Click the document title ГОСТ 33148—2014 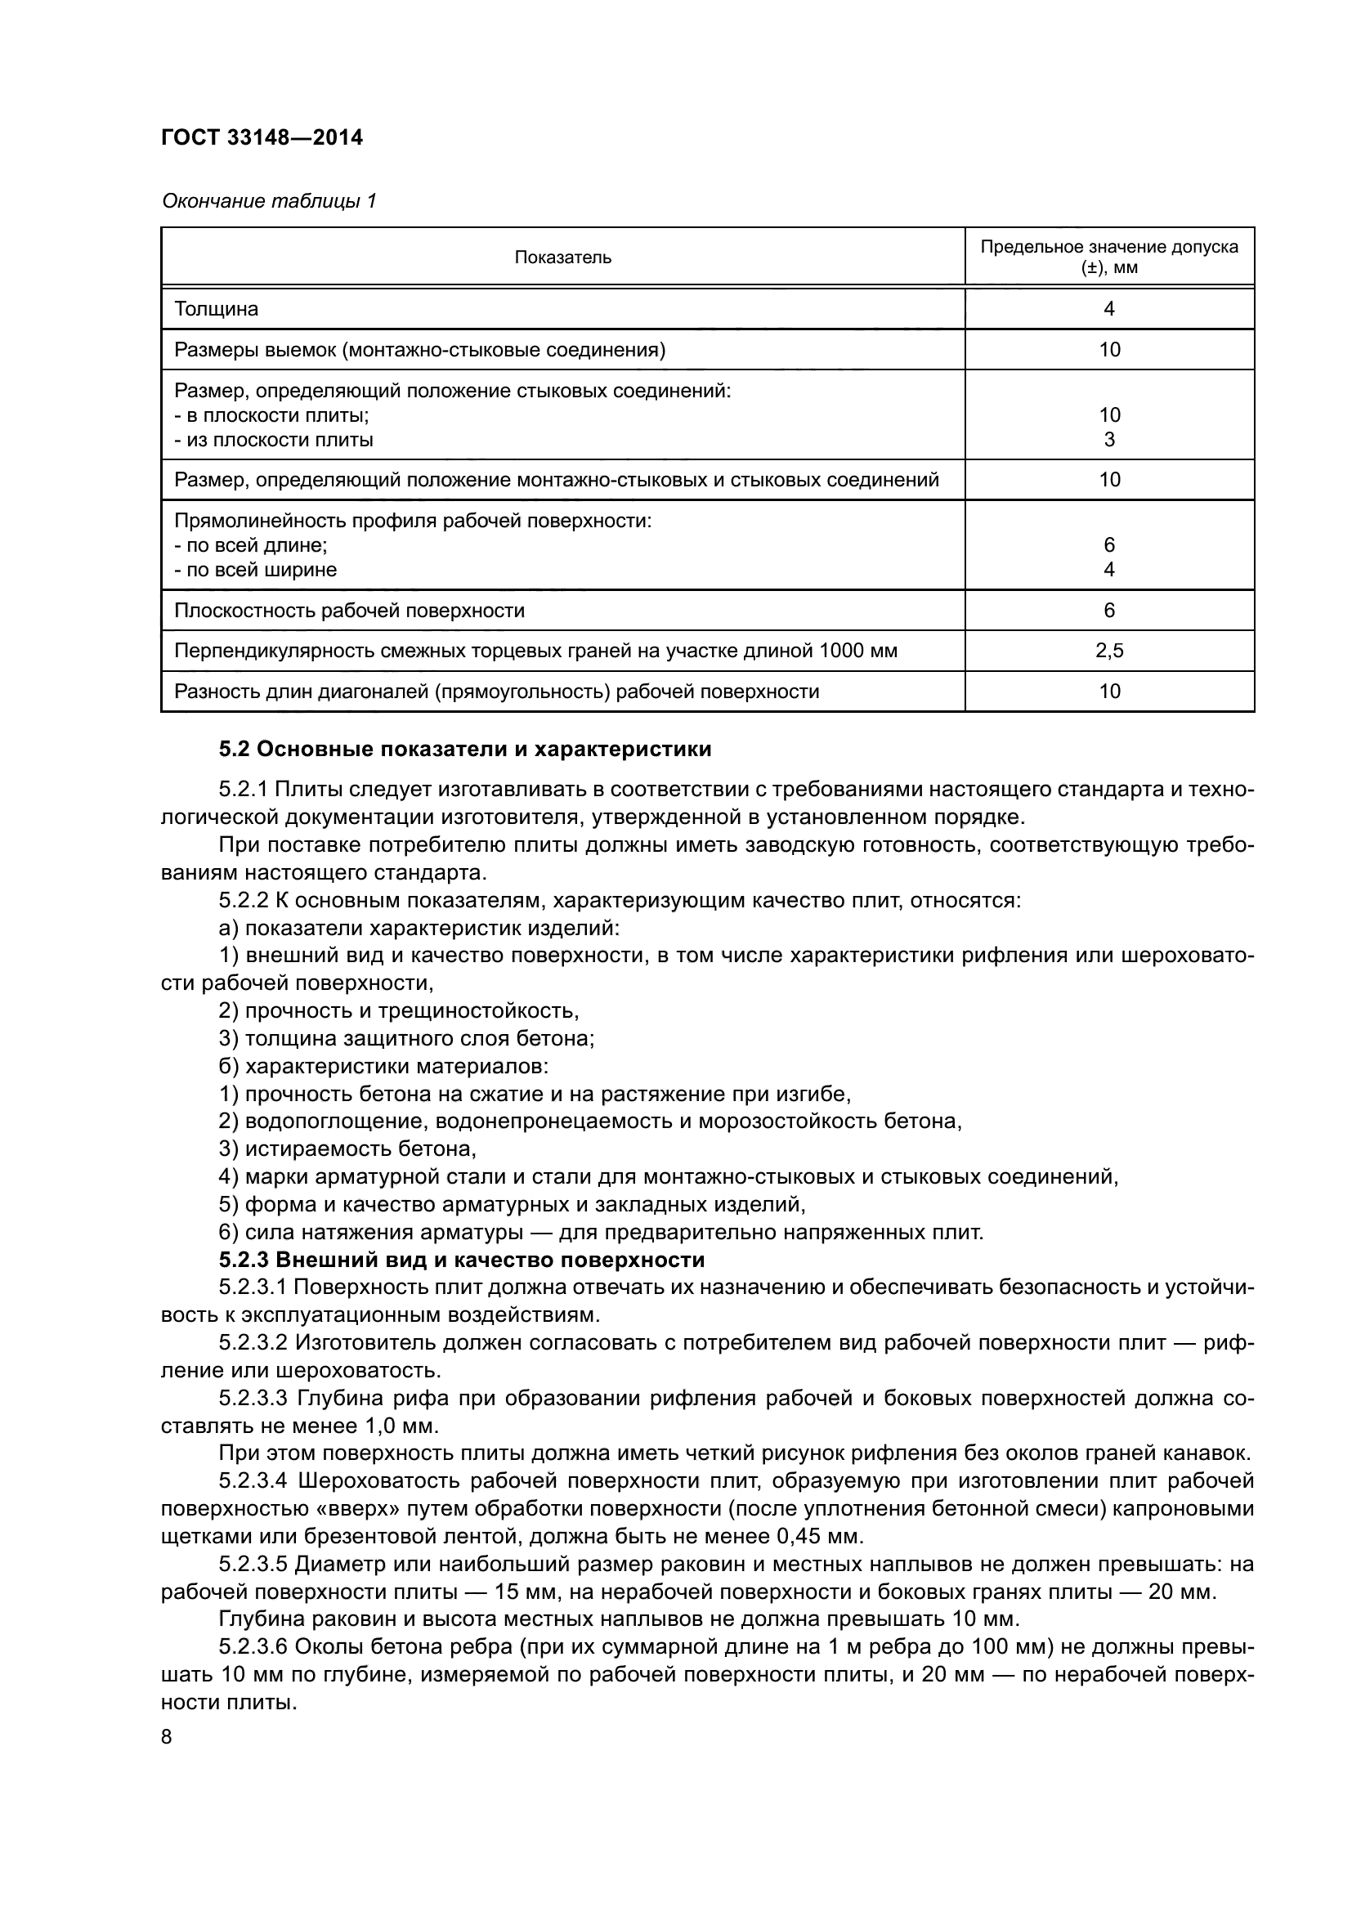point(262,137)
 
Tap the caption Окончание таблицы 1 point(269,201)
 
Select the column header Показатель point(562,257)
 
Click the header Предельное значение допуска point(1109,247)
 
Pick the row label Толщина point(217,309)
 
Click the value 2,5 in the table point(1109,651)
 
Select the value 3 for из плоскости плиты point(1109,439)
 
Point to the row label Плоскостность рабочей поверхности point(350,611)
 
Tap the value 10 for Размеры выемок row point(1109,350)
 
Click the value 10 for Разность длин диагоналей point(1109,692)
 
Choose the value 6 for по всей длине point(1109,544)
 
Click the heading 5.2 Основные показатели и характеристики point(464,750)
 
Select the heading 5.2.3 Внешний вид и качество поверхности point(461,1259)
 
